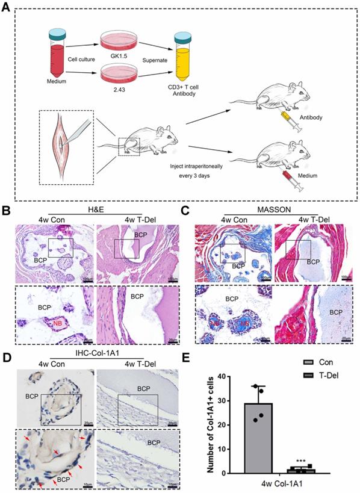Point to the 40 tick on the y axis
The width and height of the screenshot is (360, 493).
[226, 377]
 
